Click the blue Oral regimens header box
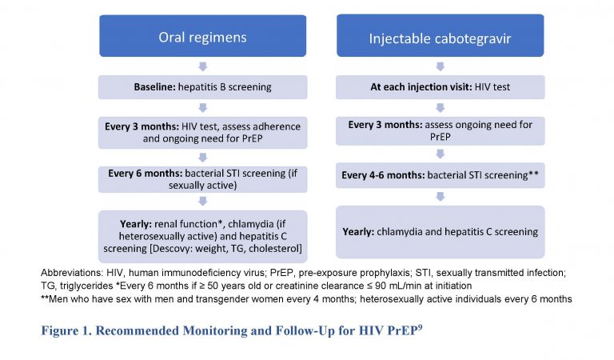point(202,36)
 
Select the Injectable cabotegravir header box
point(441,36)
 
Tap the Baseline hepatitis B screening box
point(202,86)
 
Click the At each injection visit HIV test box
point(441,86)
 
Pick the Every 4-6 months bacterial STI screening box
point(441,174)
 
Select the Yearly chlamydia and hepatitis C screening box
point(441,231)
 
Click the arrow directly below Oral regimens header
point(202,67)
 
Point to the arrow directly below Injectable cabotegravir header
point(441,67)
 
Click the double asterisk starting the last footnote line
point(42,299)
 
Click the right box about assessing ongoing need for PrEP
point(441,130)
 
